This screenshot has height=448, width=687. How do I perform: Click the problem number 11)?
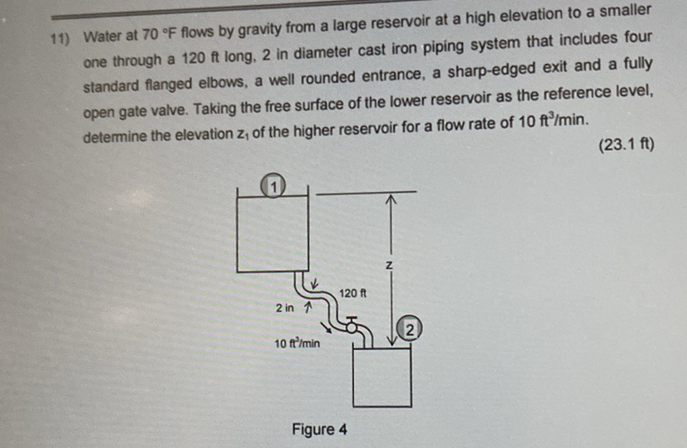pos(61,38)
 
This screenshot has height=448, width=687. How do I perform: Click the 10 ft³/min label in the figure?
pos(297,344)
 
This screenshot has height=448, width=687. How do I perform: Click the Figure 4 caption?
pos(319,429)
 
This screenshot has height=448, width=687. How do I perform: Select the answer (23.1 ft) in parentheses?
pos(626,146)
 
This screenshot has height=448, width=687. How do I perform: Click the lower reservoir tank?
pos(381,376)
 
